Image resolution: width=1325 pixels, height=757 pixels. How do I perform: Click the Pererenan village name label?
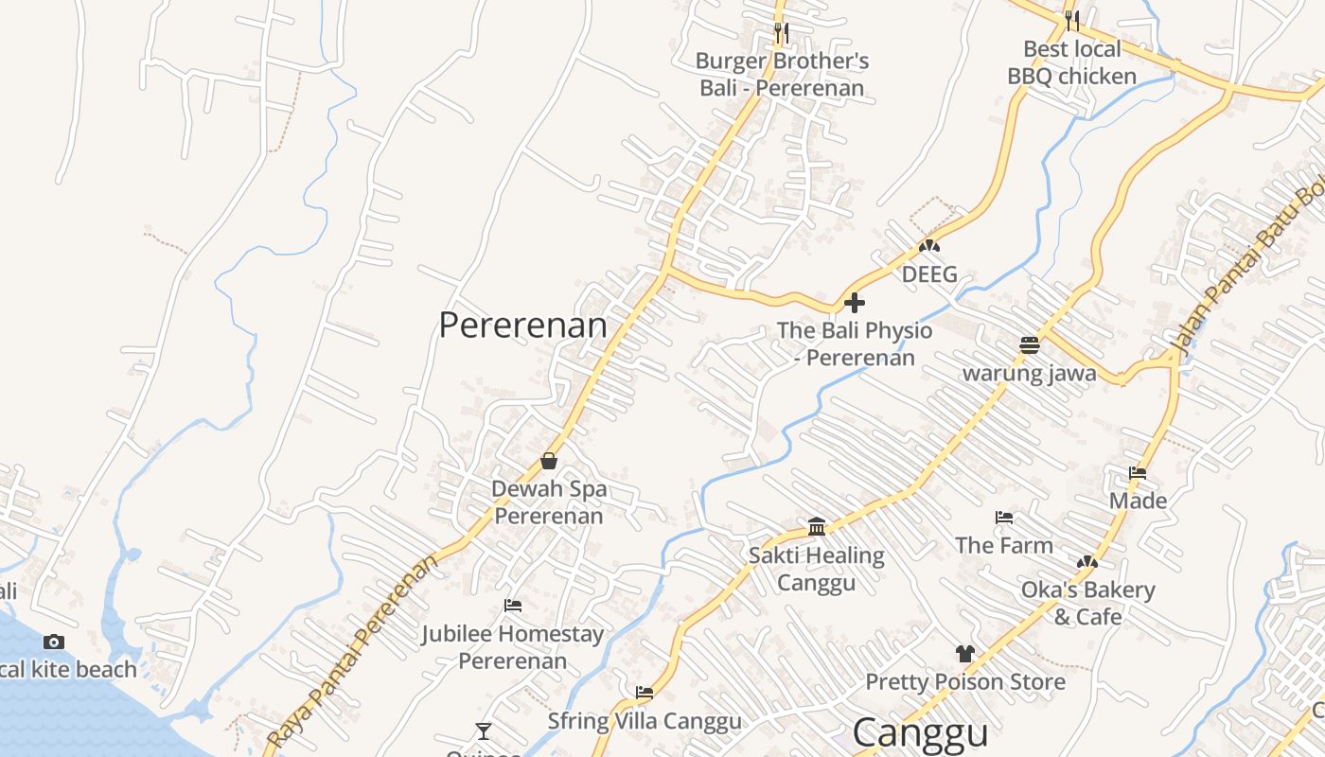point(522,326)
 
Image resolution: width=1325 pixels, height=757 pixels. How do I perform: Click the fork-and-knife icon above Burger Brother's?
point(781,32)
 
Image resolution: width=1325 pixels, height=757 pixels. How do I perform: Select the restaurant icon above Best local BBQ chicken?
point(1071,20)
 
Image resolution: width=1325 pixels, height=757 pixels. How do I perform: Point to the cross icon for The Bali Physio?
point(855,303)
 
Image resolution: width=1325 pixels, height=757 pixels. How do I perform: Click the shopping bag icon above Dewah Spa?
point(549,461)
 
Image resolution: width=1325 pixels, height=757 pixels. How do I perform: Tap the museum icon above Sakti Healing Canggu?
point(817,526)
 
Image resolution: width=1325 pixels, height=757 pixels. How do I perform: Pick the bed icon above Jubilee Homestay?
point(513,605)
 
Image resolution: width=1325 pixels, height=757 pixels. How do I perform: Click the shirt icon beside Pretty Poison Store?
point(964,653)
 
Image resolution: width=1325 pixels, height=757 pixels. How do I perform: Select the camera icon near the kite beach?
point(54,642)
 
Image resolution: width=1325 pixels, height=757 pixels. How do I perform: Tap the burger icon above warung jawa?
point(1030,344)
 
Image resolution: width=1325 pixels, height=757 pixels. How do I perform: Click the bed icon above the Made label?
point(1138,472)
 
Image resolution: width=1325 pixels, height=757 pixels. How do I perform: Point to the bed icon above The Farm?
point(1004,517)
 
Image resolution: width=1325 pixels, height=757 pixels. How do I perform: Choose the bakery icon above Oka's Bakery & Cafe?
point(1087,562)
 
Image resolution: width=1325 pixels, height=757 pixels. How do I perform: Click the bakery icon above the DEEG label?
point(929,246)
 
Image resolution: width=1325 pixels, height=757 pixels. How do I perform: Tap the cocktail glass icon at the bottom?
point(484,731)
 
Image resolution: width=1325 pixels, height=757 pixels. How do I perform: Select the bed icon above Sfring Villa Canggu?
point(645,693)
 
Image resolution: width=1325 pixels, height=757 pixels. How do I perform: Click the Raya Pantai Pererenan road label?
point(353,651)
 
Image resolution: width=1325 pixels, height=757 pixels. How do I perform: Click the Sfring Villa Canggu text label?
point(645,721)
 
